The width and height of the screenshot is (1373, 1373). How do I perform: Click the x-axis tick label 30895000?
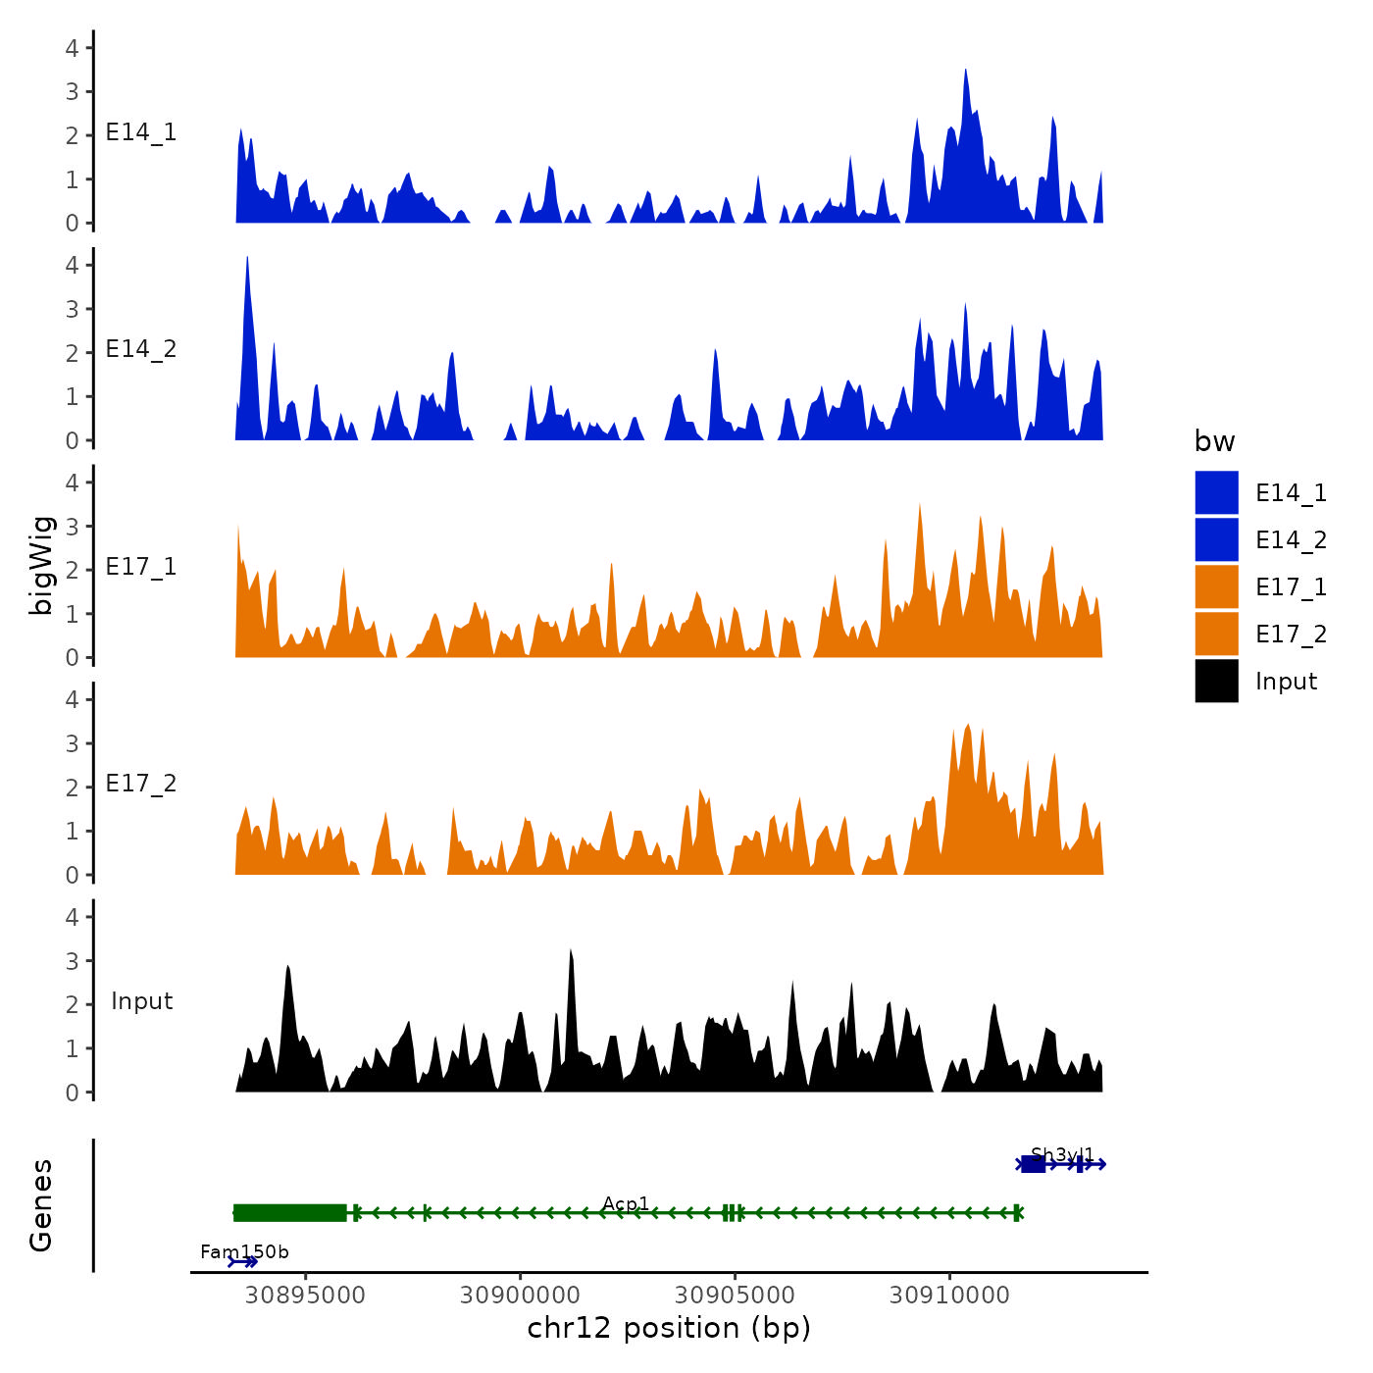coord(305,1296)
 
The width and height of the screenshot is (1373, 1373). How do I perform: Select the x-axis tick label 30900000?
coord(520,1296)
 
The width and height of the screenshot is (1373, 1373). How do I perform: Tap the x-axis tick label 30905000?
coord(735,1296)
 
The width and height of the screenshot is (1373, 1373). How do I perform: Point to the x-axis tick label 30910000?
coord(949,1296)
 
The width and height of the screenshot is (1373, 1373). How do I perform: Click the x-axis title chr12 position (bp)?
coord(669,1329)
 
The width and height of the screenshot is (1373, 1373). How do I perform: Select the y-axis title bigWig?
coord(41,565)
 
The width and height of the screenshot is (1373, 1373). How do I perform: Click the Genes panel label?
coord(41,1205)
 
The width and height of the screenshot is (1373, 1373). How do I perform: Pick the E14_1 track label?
coord(141,132)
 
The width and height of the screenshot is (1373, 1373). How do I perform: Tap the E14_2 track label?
coord(141,349)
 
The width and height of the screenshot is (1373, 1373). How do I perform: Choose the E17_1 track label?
coord(141,567)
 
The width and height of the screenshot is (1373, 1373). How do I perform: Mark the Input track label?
coord(141,1001)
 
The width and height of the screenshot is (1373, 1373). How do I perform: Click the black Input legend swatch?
coord(1216,682)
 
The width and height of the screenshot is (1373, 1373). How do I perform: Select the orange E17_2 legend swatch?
coord(1216,635)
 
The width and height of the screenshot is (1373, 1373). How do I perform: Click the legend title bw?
coord(1214,442)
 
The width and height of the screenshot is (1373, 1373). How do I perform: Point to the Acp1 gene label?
coord(626,1203)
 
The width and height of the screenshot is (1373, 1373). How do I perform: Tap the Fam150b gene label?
coord(244,1252)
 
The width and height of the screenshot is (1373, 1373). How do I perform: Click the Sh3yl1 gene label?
coord(1062,1154)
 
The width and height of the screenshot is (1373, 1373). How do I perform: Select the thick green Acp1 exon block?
coord(290,1213)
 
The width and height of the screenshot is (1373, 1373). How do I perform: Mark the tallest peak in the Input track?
coord(571,952)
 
